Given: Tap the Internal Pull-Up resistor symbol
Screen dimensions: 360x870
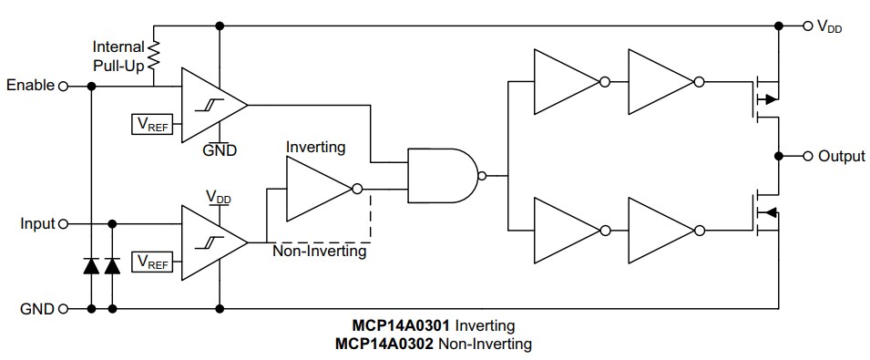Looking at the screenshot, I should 153,57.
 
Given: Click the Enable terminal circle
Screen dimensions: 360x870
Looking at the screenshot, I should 63,86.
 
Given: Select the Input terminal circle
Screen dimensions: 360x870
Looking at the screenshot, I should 63,223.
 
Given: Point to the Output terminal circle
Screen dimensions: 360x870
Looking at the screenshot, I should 806,156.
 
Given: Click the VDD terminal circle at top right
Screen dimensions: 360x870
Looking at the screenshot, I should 806,26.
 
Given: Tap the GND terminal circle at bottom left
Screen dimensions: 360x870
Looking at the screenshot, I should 63,308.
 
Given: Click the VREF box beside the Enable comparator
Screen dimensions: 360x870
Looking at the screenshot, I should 152,123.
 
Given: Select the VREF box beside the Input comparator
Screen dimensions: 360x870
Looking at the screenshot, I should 152,262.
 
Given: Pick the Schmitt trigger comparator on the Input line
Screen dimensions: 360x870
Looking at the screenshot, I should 212,242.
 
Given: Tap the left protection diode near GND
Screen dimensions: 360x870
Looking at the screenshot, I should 91,266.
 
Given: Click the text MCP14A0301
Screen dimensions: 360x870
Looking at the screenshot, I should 402,325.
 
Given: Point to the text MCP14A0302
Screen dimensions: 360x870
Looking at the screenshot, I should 384,344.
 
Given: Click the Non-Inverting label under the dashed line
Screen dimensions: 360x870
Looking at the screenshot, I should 319,252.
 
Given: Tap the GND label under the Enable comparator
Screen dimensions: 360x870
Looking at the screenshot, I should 220,150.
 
